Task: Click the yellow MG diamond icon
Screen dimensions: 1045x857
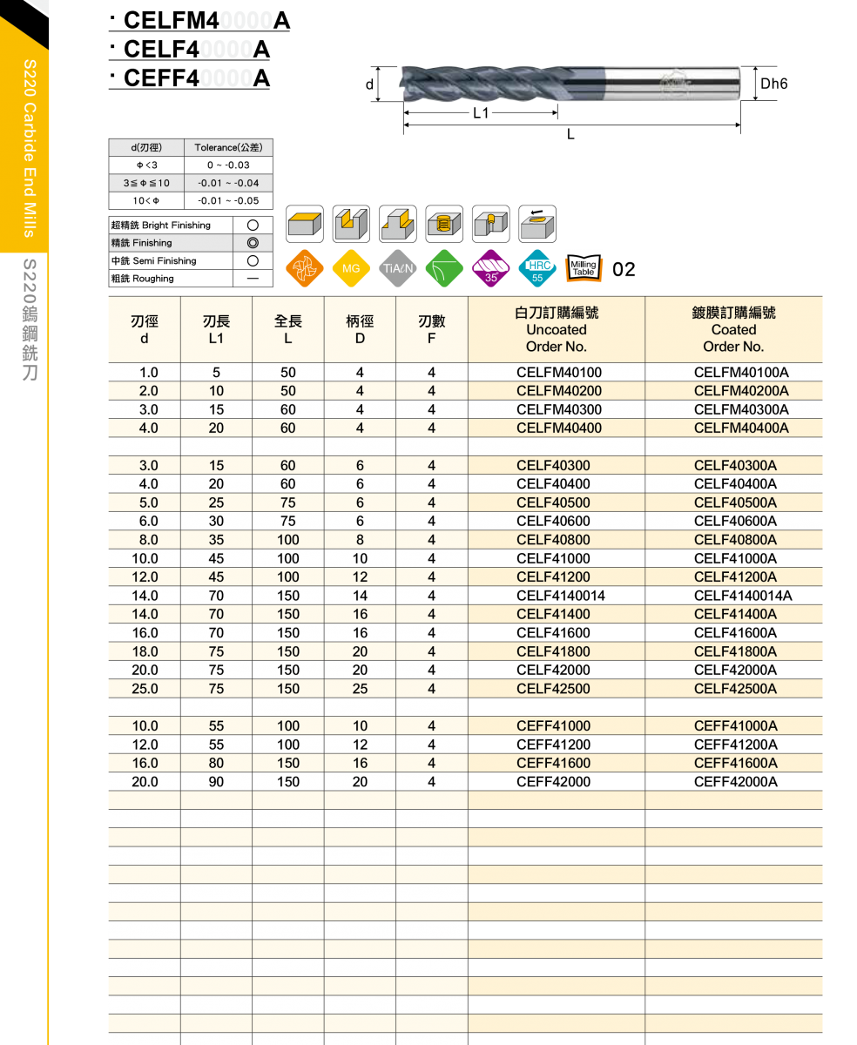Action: (x=350, y=269)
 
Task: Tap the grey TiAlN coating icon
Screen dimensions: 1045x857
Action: (x=398, y=269)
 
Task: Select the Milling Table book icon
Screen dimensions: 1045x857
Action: (x=584, y=268)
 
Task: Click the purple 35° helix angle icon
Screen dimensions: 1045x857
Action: (x=491, y=269)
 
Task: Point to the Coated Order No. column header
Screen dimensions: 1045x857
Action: (x=733, y=329)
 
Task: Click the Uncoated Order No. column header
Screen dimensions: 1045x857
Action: (x=557, y=329)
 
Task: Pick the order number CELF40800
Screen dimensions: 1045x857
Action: (x=553, y=540)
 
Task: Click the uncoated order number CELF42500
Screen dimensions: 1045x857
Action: (x=553, y=689)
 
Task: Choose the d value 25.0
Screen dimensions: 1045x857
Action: (x=145, y=689)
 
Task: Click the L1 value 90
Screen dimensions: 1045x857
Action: (x=216, y=782)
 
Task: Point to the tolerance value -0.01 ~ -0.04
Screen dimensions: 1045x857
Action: (x=228, y=184)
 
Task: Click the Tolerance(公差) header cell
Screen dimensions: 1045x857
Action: (x=228, y=148)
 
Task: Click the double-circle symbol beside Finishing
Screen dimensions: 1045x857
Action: (x=253, y=243)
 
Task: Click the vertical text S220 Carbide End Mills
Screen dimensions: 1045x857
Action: (x=29, y=148)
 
